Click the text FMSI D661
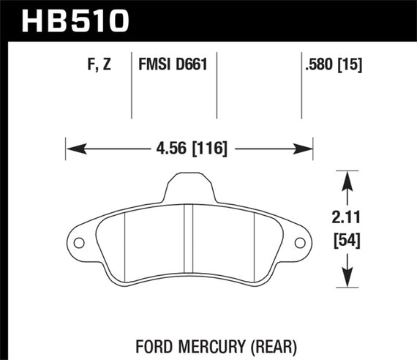173,64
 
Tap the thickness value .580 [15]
333,64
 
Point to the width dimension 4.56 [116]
189,149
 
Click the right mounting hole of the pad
300,243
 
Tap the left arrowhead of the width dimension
72,149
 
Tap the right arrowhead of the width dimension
307,149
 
